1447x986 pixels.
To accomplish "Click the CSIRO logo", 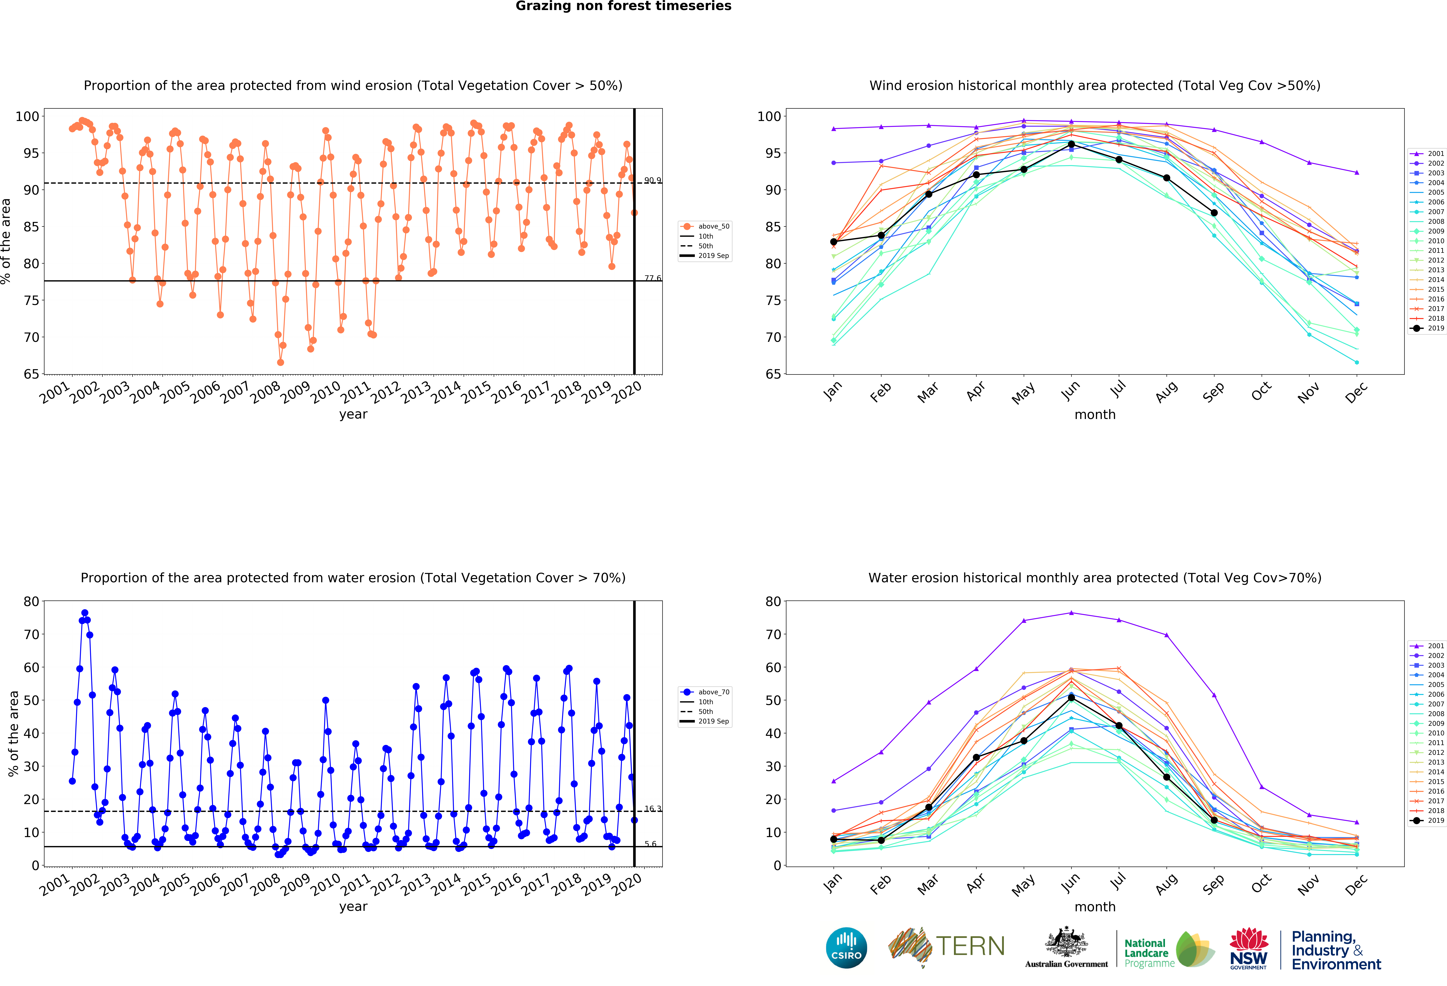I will tap(846, 948).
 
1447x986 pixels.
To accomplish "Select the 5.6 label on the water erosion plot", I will tap(651, 844).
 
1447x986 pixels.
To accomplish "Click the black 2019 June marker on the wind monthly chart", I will tap(1071, 144).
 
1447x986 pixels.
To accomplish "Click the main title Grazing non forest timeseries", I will tap(623, 6).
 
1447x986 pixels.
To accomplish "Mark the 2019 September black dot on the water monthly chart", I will tap(1214, 820).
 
